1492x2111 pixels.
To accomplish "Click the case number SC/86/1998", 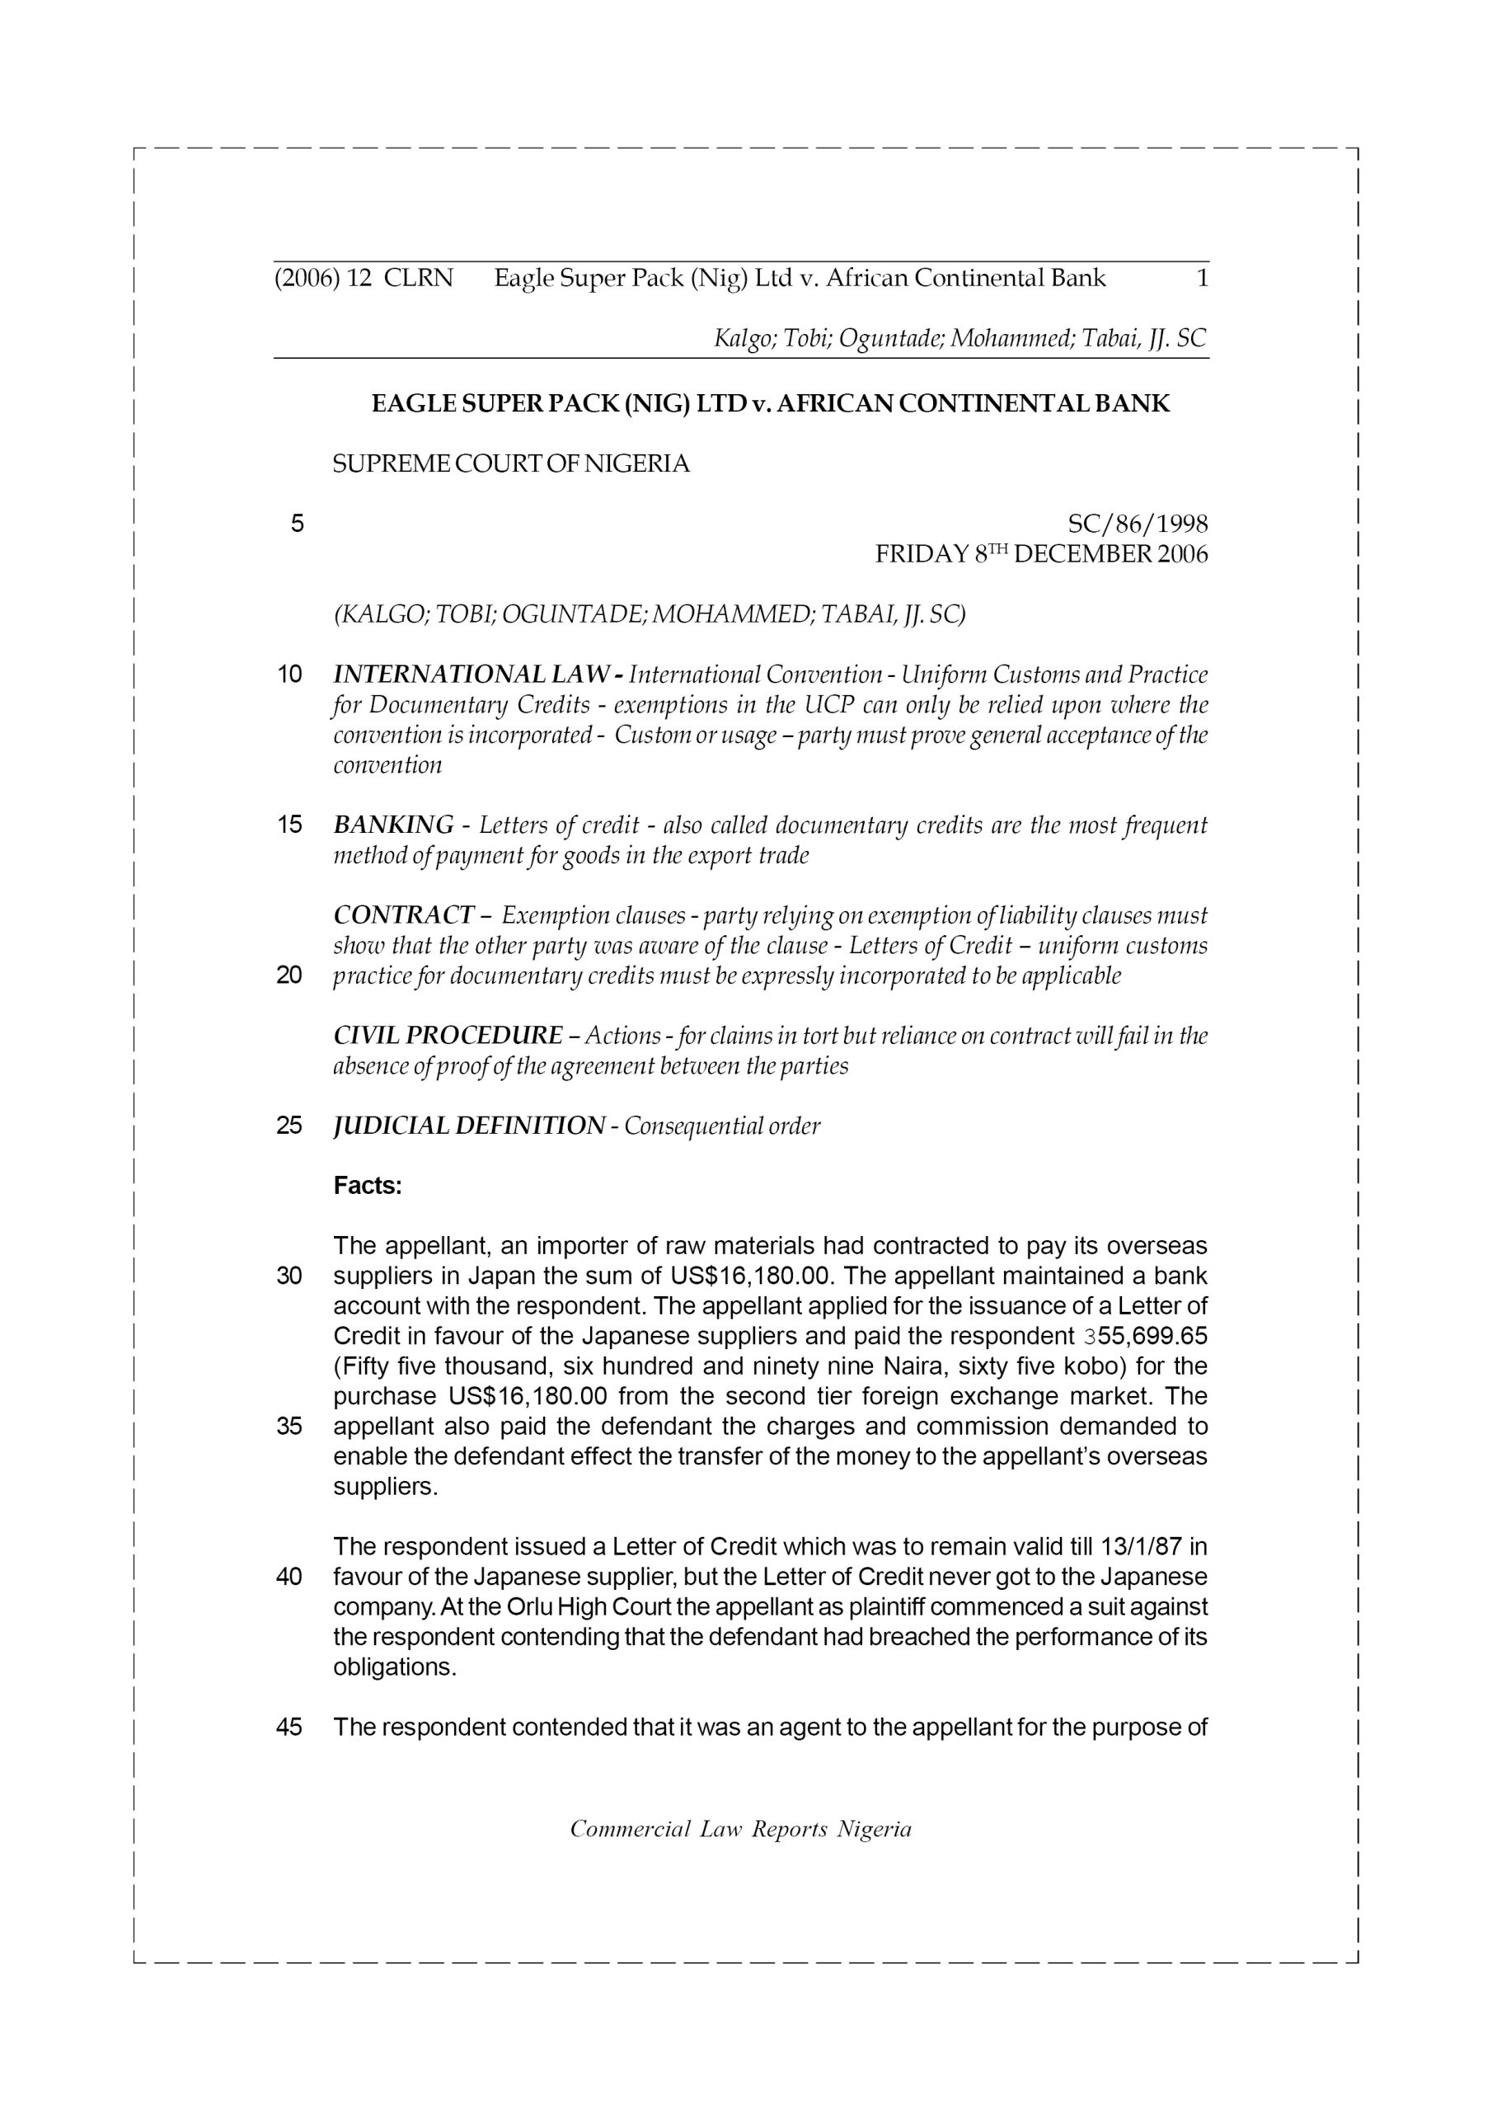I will (x=1138, y=524).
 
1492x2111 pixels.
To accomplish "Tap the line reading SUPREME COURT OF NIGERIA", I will (x=510, y=464).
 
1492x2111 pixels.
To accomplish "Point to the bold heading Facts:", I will (x=368, y=1186).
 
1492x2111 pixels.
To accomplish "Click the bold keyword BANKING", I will (x=392, y=825).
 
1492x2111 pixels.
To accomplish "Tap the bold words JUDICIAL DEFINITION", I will (x=469, y=1126).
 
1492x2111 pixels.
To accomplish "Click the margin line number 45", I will (x=289, y=1728).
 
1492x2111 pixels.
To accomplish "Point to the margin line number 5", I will (x=297, y=524).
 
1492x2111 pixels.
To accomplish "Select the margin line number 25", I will (x=289, y=1126).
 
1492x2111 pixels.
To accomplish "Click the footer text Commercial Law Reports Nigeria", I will (x=741, y=1830).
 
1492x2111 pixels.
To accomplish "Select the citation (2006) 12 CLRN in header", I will (x=364, y=278).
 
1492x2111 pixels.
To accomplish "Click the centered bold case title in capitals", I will (x=771, y=403).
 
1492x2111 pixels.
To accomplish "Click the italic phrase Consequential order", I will (x=721, y=1126).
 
